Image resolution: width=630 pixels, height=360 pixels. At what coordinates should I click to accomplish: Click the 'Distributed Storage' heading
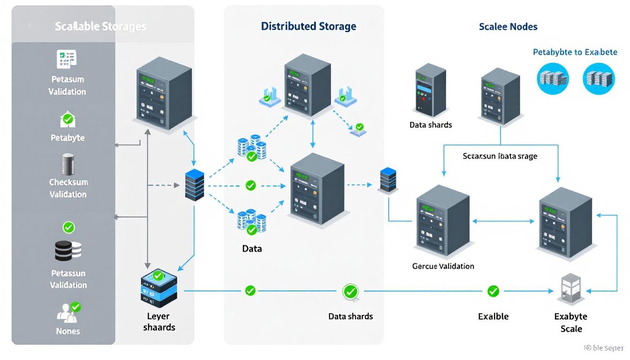pos(308,26)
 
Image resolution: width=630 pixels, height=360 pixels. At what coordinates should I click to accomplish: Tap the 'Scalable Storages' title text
pos(100,26)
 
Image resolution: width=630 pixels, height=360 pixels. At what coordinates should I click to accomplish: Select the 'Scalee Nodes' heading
pos(508,27)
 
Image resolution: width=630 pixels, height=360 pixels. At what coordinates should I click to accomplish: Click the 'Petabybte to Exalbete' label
pos(575,52)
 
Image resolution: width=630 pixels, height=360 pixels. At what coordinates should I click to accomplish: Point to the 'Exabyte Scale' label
pos(571,322)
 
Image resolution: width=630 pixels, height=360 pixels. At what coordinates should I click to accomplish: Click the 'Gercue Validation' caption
pos(443,266)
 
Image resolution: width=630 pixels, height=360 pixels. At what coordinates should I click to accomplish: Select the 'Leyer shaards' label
pos(159,322)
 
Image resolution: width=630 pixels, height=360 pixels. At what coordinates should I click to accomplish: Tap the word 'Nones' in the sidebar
pos(68,331)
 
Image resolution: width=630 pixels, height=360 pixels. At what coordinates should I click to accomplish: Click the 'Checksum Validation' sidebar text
pos(68,188)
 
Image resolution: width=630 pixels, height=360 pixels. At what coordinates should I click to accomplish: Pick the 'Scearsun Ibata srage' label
pos(500,156)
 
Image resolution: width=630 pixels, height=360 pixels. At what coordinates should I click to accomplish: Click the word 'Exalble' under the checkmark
pos(493,316)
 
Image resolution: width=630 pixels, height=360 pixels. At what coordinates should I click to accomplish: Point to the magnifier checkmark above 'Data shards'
pos(350,292)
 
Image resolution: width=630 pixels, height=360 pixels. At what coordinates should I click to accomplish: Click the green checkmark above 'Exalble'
pos(493,291)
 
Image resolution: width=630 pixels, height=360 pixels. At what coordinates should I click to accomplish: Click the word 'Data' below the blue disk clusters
pos(252,248)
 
